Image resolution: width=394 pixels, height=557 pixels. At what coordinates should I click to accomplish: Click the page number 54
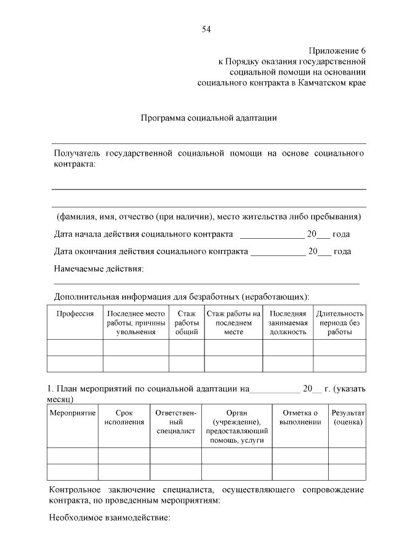click(206, 29)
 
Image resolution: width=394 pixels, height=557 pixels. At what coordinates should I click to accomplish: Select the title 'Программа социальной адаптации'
click(209, 118)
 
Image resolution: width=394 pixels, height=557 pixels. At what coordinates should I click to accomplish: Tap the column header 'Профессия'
click(75, 314)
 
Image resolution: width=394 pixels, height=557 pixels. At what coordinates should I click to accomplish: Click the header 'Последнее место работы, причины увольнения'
click(135, 323)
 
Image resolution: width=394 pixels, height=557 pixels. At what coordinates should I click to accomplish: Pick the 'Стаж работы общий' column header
click(187, 323)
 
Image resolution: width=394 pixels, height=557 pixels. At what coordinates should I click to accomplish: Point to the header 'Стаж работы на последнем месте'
click(234, 323)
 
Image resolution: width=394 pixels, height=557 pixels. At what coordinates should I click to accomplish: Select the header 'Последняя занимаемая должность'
click(287, 323)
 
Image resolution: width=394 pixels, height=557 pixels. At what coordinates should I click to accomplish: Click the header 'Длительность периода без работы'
click(340, 323)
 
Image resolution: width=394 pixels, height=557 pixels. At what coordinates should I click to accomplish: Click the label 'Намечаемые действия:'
click(99, 269)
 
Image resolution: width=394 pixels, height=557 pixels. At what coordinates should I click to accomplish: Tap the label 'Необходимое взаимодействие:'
click(109, 518)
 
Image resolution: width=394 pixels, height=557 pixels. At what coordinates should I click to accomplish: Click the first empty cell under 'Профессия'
click(75, 348)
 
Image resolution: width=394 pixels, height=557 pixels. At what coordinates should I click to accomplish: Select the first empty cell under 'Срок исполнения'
click(124, 456)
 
